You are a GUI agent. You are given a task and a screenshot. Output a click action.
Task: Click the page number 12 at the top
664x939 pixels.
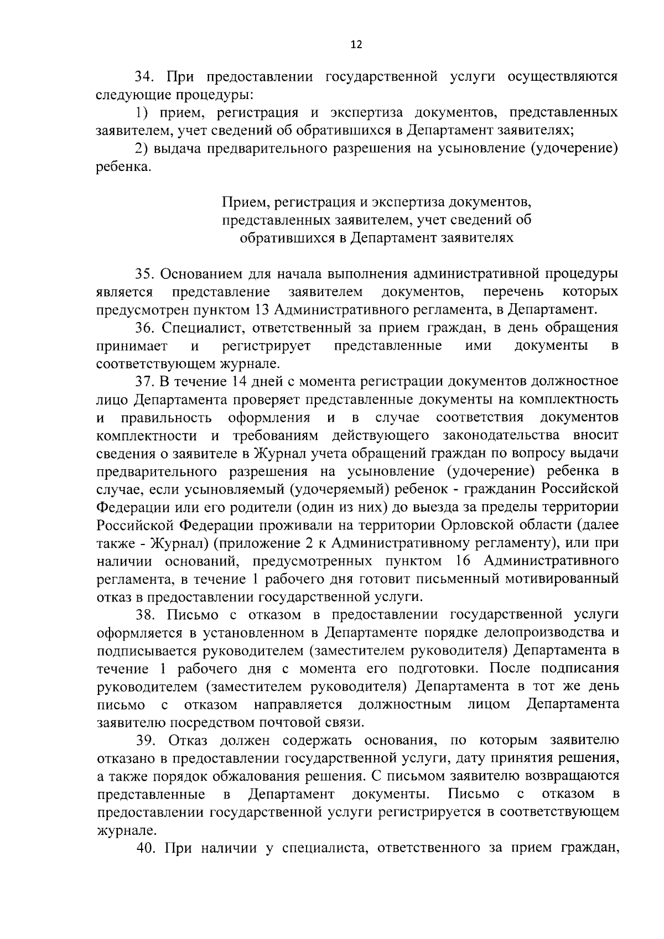click(356, 45)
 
